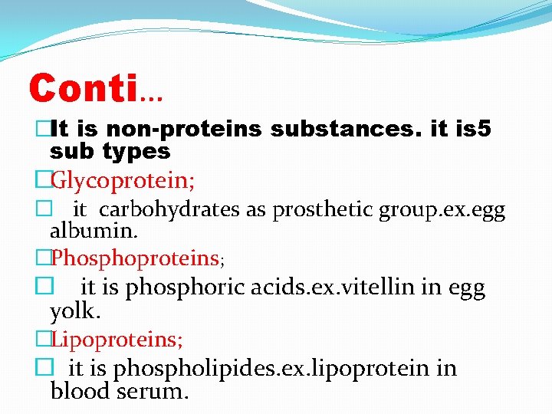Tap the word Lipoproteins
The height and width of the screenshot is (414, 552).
(116, 337)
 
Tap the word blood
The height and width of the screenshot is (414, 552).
(81, 392)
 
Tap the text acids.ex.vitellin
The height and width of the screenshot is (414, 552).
(333, 287)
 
